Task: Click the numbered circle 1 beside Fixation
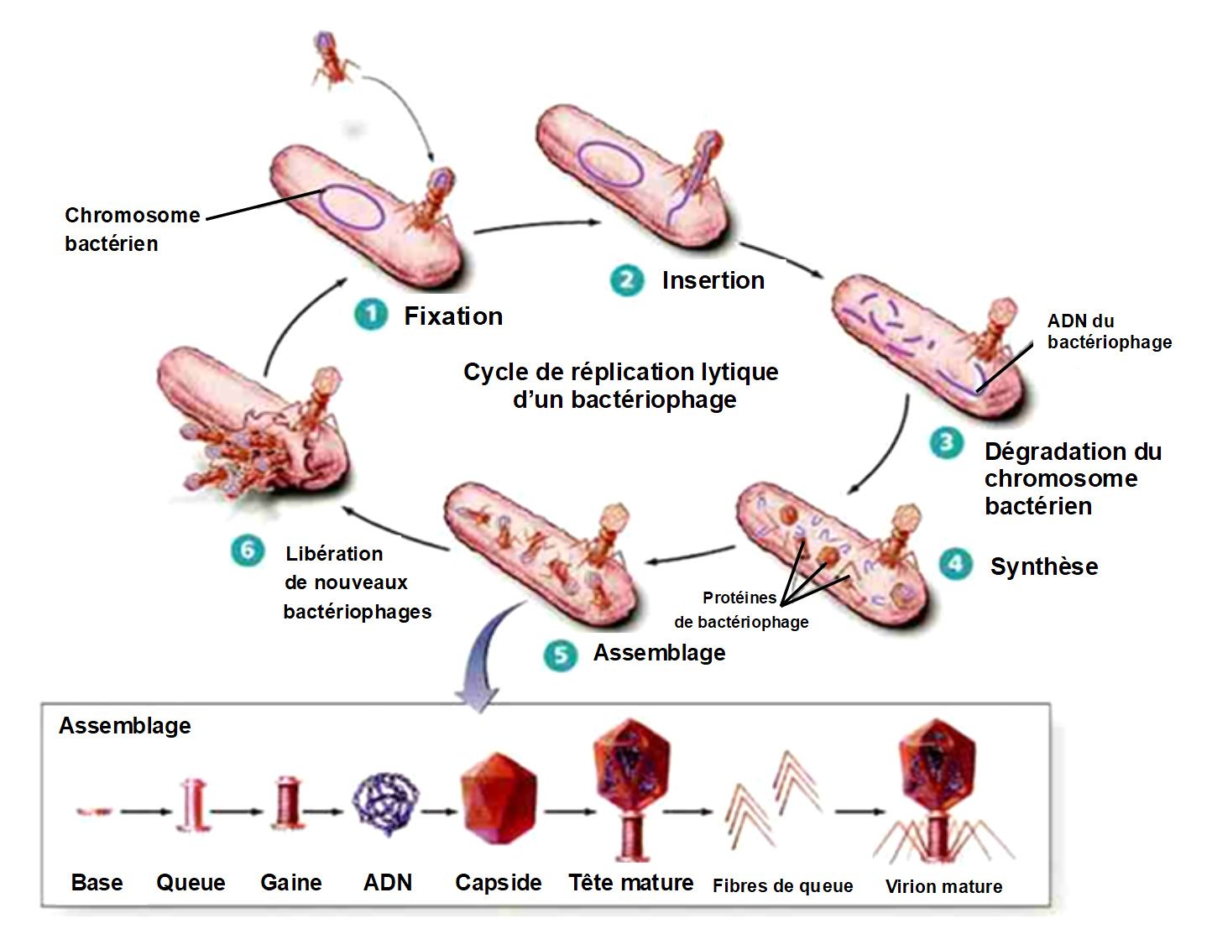(x=370, y=316)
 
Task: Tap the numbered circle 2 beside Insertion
(x=626, y=280)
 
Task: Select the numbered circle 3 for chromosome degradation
(x=946, y=442)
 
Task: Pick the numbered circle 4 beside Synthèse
(x=955, y=564)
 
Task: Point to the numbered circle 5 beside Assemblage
(x=560, y=655)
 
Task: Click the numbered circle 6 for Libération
(x=247, y=551)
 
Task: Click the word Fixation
(x=453, y=316)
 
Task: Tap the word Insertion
(x=713, y=280)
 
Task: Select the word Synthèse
(x=1043, y=566)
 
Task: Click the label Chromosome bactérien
(x=131, y=229)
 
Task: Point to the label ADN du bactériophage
(x=1109, y=331)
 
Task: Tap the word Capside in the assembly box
(x=498, y=883)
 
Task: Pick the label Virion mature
(x=943, y=887)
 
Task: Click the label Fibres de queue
(x=782, y=886)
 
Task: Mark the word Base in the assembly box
(x=97, y=883)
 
